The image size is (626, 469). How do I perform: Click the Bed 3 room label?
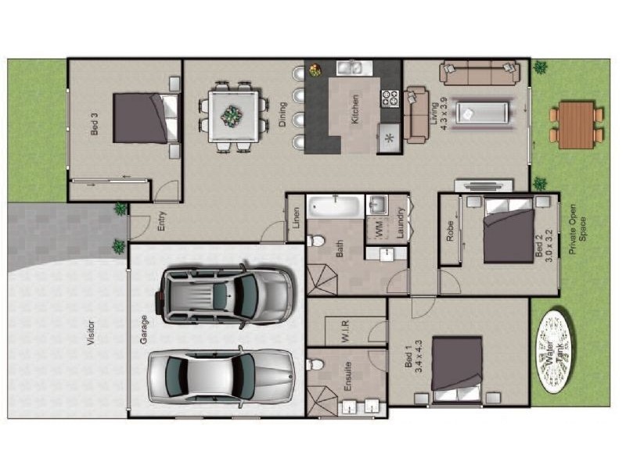[95, 125]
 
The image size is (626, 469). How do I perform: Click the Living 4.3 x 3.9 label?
[440, 113]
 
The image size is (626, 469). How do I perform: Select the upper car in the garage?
[226, 295]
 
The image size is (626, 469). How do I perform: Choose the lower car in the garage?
[220, 376]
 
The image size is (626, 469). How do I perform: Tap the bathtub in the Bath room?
[335, 207]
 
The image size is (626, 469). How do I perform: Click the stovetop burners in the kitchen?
[390, 98]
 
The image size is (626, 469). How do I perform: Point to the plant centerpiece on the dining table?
[231, 116]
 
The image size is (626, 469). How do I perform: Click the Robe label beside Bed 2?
[450, 231]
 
